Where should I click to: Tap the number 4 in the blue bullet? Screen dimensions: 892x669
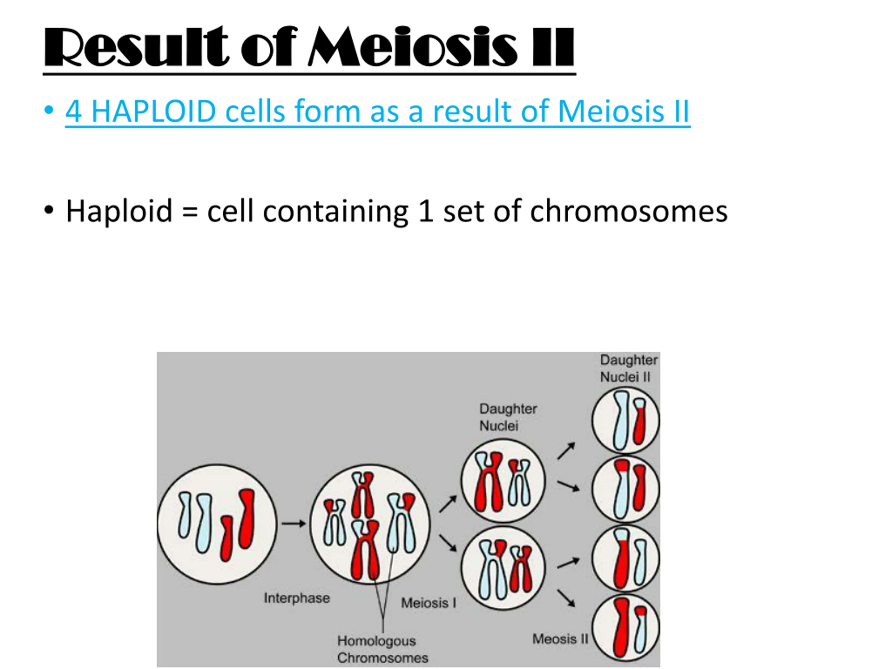click(74, 112)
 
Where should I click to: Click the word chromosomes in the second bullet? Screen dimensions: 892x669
click(629, 211)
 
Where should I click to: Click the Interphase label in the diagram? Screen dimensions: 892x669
click(297, 598)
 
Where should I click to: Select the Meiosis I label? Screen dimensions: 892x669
click(429, 603)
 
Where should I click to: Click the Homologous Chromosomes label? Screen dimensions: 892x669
click(382, 649)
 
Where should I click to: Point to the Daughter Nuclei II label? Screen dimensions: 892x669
click(628, 369)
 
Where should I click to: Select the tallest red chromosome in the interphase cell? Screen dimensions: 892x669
click(247, 518)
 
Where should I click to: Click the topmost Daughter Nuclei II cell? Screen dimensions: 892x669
click(625, 421)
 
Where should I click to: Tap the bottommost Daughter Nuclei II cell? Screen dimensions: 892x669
click(625, 628)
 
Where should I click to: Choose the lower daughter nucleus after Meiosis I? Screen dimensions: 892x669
click(503, 568)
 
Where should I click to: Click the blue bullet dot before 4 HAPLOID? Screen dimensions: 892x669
click(49, 110)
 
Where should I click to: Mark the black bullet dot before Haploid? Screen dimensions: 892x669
click(49, 210)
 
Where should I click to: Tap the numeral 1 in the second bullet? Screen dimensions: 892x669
click(426, 211)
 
